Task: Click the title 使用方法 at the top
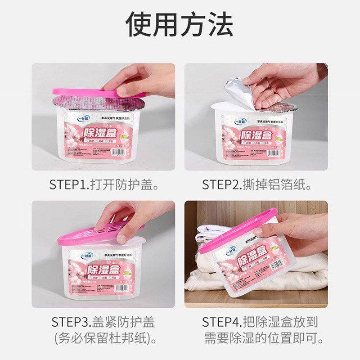coord(180,25)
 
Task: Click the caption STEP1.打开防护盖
coord(105,184)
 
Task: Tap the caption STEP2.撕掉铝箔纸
coord(256,184)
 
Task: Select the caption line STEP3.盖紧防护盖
coord(103,322)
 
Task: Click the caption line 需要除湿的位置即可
coord(263,339)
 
